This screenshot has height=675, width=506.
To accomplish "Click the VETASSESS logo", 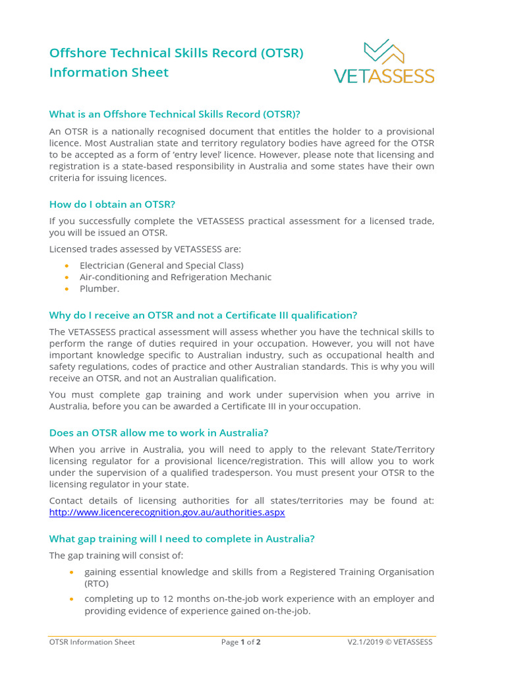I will [384, 63].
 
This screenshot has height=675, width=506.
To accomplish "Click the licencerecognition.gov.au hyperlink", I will [167, 512].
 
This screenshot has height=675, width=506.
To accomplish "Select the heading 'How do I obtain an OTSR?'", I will [112, 204].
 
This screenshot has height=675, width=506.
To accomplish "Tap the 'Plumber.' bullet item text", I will [99, 289].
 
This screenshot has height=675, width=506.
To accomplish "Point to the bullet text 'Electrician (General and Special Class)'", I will [161, 265].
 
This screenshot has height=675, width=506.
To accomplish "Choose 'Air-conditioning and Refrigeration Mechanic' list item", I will [175, 277].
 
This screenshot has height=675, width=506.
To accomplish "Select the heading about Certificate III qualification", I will [203, 315].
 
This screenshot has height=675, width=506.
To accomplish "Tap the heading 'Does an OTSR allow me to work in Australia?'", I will [159, 432].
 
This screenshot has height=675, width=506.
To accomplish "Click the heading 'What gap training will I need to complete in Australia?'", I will [182, 539].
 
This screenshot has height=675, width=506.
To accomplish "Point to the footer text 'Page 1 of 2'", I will [241, 642].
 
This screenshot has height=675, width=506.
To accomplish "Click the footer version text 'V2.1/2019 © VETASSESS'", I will [390, 642].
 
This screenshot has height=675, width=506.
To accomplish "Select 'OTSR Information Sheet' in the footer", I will [92, 642].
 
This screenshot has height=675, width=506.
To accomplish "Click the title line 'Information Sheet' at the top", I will [109, 73].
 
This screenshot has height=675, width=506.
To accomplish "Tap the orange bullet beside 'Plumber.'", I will [67, 289].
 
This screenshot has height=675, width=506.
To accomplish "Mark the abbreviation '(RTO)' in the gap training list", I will [96, 583].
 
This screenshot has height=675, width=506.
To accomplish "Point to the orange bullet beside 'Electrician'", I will [67, 265].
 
